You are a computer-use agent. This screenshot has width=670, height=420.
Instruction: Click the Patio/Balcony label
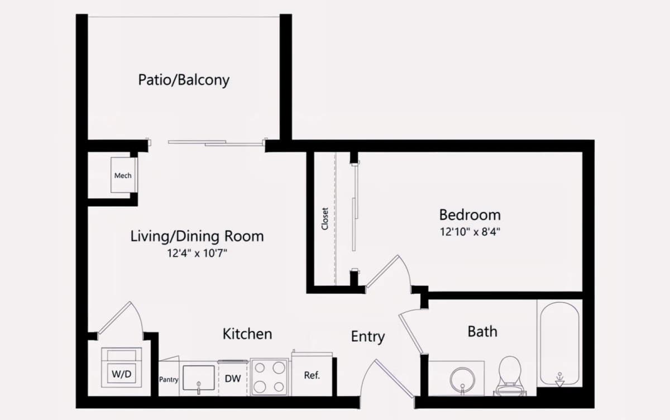pos(184,80)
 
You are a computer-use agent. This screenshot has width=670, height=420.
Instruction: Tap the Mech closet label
pos(123,175)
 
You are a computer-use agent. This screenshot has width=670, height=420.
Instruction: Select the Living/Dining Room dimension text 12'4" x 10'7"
pos(197,254)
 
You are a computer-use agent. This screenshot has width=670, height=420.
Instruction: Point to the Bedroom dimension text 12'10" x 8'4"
pos(470,232)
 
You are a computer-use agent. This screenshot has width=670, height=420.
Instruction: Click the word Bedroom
pos(470,215)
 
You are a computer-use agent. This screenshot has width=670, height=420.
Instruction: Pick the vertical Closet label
pos(325,219)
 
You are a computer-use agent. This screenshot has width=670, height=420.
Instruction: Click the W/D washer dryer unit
pos(122,367)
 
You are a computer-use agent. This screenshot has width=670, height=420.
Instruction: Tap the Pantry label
pos(169,380)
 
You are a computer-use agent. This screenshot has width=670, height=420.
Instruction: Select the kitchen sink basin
pos(199,378)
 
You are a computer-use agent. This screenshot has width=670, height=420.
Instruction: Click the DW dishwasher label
pos(233,379)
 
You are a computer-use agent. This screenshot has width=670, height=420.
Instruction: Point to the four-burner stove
pos(269,377)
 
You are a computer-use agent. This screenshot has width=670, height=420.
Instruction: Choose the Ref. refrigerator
pos(312,375)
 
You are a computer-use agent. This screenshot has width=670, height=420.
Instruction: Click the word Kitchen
pos(247,334)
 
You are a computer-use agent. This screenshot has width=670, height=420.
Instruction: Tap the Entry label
pos(368,337)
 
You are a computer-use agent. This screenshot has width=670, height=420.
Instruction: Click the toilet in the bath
pos(510,376)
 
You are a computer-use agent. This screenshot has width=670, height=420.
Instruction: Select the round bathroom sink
pos(462,379)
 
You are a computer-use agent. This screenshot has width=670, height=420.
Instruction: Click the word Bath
pos(482,331)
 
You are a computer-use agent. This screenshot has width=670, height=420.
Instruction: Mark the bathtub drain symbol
pos(559,380)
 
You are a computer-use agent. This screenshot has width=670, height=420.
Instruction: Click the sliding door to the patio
pos(217,143)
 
